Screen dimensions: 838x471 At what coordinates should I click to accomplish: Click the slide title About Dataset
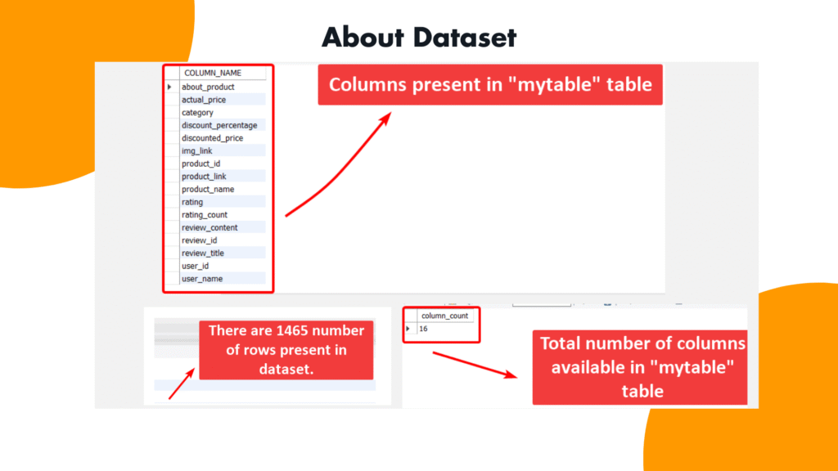(x=419, y=38)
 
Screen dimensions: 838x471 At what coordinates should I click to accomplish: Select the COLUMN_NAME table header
(x=213, y=73)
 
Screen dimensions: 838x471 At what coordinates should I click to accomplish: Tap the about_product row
(x=208, y=87)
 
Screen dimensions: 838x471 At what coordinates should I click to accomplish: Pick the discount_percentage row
(x=219, y=125)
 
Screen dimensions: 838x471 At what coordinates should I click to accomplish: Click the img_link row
(x=196, y=151)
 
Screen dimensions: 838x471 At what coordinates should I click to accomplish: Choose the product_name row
(x=208, y=190)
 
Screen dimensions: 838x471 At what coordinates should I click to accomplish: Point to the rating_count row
(x=204, y=215)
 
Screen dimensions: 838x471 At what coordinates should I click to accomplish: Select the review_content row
(x=209, y=227)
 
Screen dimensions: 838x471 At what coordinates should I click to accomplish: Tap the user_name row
(x=202, y=279)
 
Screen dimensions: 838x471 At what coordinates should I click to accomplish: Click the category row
(x=197, y=113)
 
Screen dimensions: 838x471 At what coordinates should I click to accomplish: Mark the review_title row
(x=203, y=253)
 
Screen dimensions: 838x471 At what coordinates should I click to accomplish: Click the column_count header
(x=444, y=316)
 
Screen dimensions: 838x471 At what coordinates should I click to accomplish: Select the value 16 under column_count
(x=423, y=329)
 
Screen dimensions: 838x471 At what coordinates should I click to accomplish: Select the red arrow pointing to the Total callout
(x=475, y=365)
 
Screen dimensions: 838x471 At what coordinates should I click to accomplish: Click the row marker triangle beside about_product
(x=169, y=87)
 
